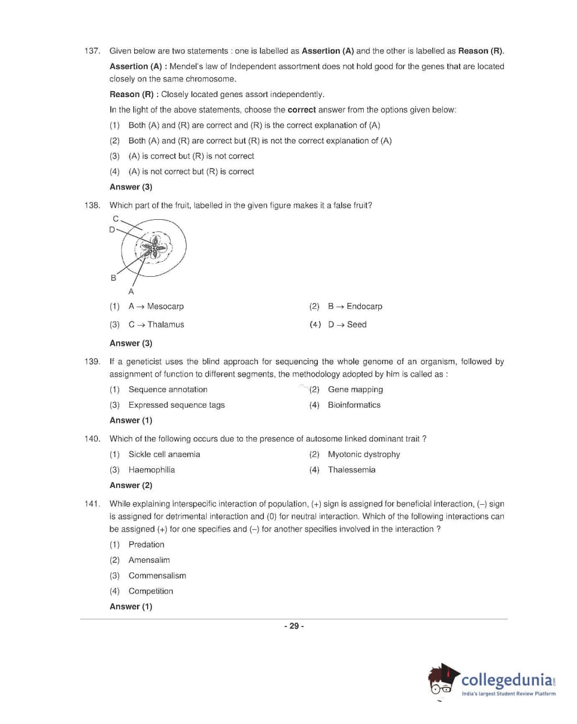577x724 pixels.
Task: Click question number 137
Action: coord(92,51)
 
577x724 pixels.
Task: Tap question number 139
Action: coord(92,362)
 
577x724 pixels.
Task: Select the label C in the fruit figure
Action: coord(116,219)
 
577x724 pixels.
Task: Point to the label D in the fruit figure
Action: coord(112,229)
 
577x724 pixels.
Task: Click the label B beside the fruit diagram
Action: coord(113,278)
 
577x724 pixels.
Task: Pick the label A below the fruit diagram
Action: coord(131,291)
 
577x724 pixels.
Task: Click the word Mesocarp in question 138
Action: coord(165,306)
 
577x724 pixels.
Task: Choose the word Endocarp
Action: coord(364,306)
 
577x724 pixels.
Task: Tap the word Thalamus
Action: coord(166,324)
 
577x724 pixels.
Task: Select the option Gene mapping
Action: coord(355,390)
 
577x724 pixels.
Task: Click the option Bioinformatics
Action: coord(354,405)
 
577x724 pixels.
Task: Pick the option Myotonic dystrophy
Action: coord(364,454)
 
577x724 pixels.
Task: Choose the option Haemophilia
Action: coord(152,470)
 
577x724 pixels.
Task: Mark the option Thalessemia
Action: coord(352,470)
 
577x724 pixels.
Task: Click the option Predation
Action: coord(146,545)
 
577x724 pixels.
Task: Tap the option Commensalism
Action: coord(157,576)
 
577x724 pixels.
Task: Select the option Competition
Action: coord(150,591)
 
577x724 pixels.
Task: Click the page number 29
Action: coord(294,626)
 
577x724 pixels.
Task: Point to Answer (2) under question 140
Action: coord(131,486)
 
